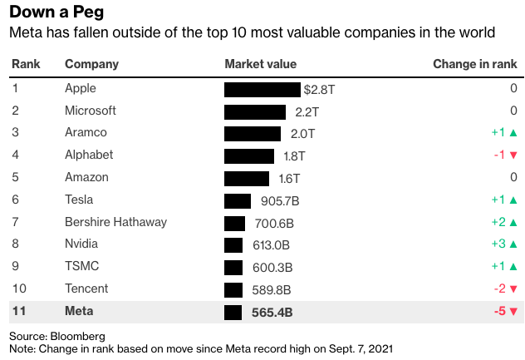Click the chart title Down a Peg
point(56,13)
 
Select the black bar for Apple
point(262,89)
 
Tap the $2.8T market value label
point(318,89)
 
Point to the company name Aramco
point(86,133)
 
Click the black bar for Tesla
point(238,200)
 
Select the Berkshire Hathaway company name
point(115,222)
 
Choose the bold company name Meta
point(80,312)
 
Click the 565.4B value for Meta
point(272,312)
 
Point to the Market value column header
point(260,64)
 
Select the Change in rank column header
point(475,64)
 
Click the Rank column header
point(25,64)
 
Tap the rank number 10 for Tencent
point(18,289)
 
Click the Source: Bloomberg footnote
point(56,335)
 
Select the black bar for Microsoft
point(255,111)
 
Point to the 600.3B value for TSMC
point(271,267)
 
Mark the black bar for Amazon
point(247,178)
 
